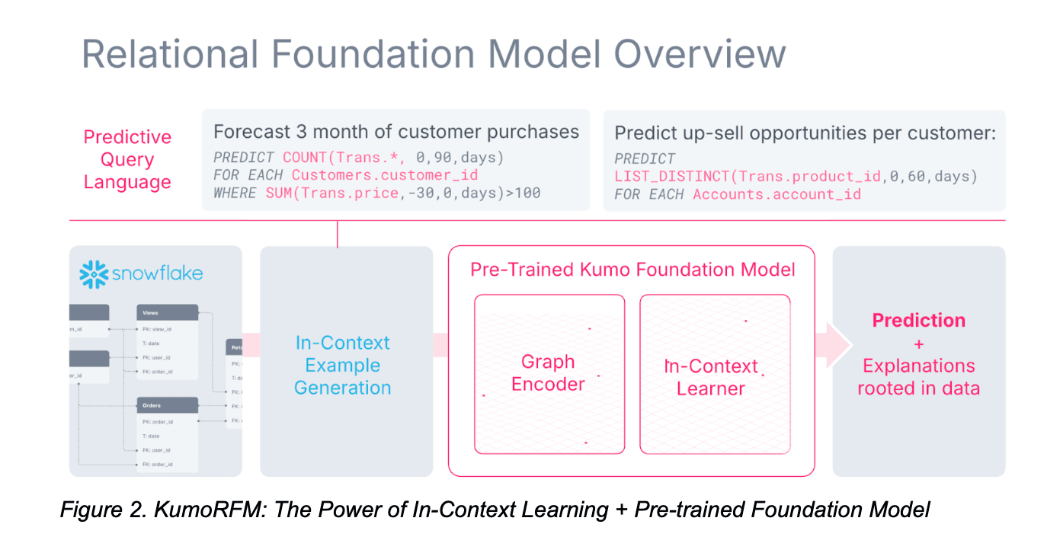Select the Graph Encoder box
click(x=549, y=373)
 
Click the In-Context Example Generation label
click(x=342, y=365)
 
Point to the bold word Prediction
click(x=918, y=321)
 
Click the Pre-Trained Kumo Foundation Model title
click(x=632, y=270)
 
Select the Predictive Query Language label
click(x=127, y=160)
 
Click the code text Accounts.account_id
click(x=776, y=194)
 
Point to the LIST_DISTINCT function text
click(x=674, y=177)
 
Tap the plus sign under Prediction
click(x=918, y=344)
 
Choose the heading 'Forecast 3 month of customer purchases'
click(x=395, y=132)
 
